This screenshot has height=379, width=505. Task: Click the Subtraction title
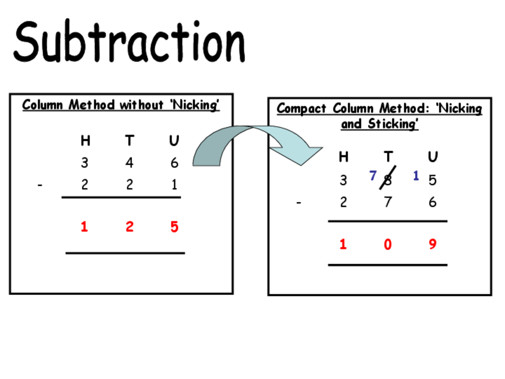pos(129,41)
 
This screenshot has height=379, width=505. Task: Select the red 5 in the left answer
pos(174,226)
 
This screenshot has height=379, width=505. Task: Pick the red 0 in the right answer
pos(388,244)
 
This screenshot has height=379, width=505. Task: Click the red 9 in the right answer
pos(432,244)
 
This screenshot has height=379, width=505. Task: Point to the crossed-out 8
pos(388,179)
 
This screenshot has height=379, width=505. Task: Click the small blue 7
pos(373,176)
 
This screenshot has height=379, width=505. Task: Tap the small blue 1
pos(416,176)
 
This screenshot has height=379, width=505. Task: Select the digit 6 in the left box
pos(174,163)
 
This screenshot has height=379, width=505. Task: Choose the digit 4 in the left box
pos(129,163)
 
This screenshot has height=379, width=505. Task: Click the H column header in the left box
pos(85,141)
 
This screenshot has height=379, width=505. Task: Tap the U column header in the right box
pos(432,157)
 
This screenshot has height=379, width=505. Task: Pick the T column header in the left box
pos(129,141)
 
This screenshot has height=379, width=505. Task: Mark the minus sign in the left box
pos(40,185)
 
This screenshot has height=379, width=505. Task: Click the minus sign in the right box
pos(299,203)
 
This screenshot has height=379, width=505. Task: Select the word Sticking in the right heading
pos(393,124)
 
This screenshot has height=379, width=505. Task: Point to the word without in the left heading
pos(142,105)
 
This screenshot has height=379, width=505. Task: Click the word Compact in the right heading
pos(301,108)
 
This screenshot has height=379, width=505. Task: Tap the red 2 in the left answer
pos(129,226)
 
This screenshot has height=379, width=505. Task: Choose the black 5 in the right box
pos(432,180)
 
